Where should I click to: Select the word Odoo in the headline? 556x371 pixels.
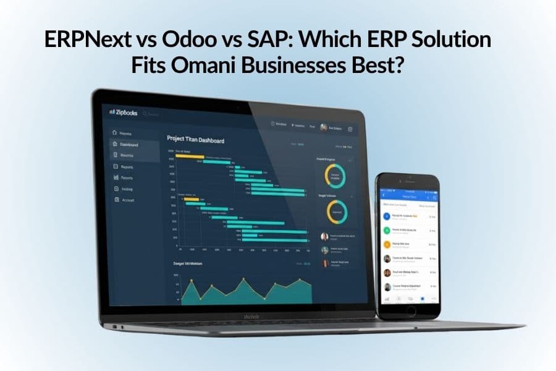tap(185, 40)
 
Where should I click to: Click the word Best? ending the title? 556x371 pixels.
tap(372, 65)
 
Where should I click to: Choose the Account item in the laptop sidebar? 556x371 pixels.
tap(127, 200)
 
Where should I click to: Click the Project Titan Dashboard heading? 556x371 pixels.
tap(195, 140)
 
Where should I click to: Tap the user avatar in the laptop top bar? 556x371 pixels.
tap(323, 127)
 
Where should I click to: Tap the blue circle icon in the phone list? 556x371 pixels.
tap(386, 216)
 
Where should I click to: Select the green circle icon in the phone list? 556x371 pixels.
tap(386, 230)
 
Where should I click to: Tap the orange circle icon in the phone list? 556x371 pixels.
tap(386, 244)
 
